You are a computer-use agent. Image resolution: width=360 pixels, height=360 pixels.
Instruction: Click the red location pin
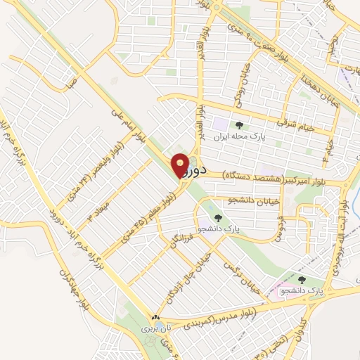(181, 165)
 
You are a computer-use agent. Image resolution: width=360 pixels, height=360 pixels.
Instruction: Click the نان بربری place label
(155, 328)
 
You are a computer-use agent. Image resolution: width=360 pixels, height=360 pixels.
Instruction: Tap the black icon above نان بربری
(155, 318)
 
